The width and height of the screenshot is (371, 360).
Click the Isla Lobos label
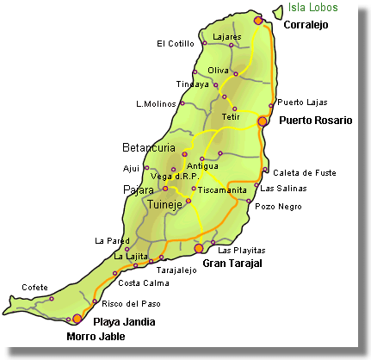click(x=331, y=8)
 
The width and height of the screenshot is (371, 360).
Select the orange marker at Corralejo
click(x=258, y=20)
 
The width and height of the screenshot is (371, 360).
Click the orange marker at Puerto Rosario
click(x=263, y=122)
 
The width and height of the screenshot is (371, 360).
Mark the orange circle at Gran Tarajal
click(x=199, y=248)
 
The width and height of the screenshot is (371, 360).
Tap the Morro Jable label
click(x=95, y=337)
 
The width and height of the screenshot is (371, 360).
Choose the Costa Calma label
click(x=143, y=282)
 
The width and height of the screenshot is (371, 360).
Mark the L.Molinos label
click(x=155, y=104)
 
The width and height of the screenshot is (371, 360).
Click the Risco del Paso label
click(x=130, y=303)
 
